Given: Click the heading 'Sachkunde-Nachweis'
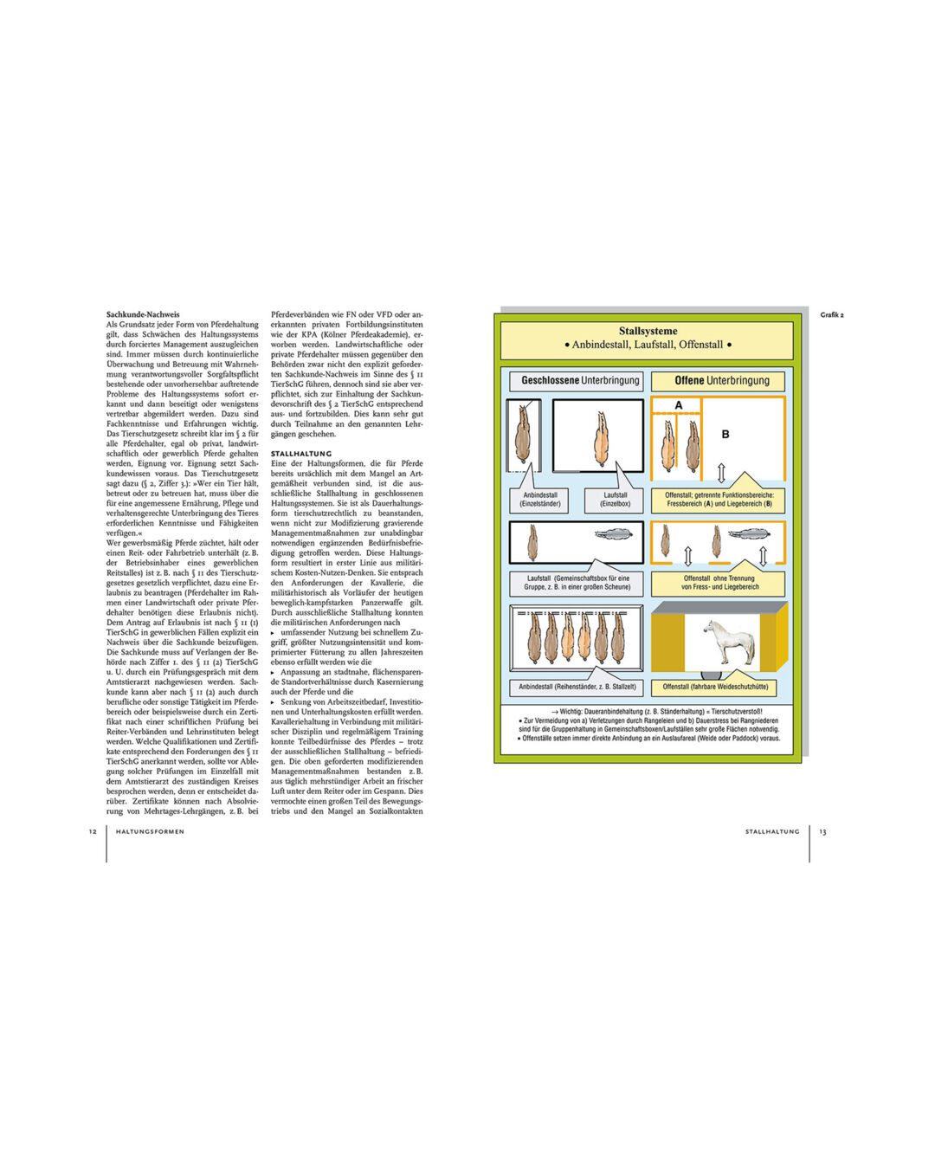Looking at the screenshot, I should (x=143, y=314).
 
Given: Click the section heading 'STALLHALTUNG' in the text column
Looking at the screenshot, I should (x=300, y=454).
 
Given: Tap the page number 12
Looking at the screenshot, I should (x=93, y=832).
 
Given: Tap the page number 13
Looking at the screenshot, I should (x=822, y=832).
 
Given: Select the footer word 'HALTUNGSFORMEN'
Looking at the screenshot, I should (x=150, y=832).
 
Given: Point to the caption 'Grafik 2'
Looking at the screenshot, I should (x=831, y=315).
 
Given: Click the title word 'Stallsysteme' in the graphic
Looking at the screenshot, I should (x=648, y=331).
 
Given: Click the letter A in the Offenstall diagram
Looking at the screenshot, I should (x=678, y=405).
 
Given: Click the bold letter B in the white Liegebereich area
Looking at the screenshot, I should (x=725, y=435).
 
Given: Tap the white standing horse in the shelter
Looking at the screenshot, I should (x=729, y=642).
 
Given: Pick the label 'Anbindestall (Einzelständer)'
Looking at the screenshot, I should (x=540, y=500).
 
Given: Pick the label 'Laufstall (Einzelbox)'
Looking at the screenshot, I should (x=616, y=500).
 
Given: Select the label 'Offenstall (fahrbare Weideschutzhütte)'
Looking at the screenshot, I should (x=715, y=687).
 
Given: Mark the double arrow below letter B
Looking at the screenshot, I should (x=721, y=473).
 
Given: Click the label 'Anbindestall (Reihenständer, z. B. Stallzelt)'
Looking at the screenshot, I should (x=577, y=687).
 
